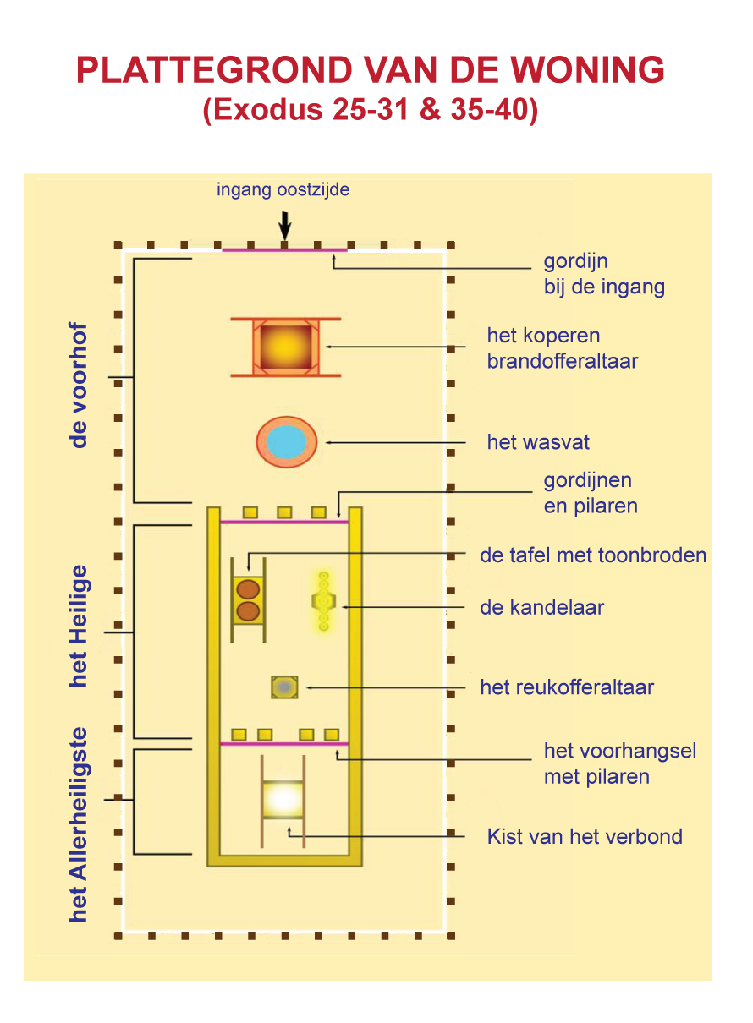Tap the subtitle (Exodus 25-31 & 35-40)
370,110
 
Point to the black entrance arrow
285,226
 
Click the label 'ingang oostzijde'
283,189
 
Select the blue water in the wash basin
286,441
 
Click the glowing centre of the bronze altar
286,347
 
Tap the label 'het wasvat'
538,442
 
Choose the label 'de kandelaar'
541,607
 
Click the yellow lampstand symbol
323,601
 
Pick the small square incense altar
284,687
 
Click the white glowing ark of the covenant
283,799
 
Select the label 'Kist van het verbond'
585,837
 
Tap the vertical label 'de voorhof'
78,385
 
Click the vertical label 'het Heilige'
78,626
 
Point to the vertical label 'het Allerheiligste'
78,824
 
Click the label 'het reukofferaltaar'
567,687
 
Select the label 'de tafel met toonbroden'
593,555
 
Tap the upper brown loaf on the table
248,589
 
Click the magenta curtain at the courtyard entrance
284,249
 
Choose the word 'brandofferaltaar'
563,361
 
